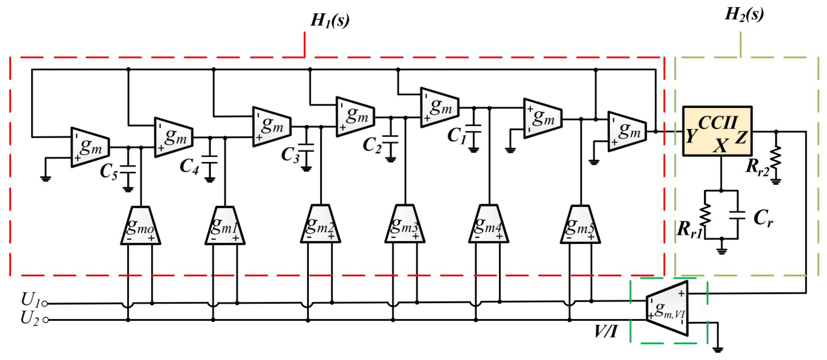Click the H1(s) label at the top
[330, 21]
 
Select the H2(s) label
[744, 14]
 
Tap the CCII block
[717, 131]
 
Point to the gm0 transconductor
[141, 226]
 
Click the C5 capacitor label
[108, 172]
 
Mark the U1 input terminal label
[30, 300]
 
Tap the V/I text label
[606, 331]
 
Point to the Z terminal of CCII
[741, 137]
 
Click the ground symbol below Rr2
[776, 182]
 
